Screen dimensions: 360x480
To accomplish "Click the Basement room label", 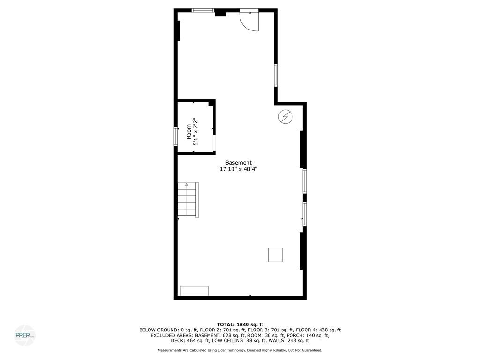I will click(x=238, y=163).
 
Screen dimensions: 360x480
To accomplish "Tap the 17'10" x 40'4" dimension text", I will click(x=238, y=169).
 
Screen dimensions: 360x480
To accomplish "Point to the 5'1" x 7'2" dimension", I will click(x=196, y=132).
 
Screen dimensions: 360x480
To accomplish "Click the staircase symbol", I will click(x=187, y=199).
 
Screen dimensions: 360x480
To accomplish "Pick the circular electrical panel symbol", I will click(x=285, y=117).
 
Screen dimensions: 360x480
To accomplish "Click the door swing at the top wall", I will click(x=250, y=20).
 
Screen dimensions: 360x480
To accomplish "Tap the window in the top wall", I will click(x=203, y=10).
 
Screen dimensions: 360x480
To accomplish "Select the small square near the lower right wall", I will click(x=275, y=255).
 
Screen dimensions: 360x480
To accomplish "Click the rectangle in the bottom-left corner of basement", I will click(x=194, y=291).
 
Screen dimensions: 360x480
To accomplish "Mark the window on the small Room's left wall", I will click(x=176, y=136).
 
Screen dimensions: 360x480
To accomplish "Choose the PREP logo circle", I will click(x=24, y=335).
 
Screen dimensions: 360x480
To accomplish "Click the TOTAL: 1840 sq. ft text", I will click(x=240, y=324).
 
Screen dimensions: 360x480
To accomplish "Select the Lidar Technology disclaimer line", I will click(x=240, y=350).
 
